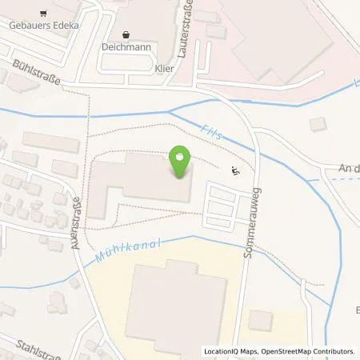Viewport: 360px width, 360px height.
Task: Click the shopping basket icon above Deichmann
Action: [x=128, y=34]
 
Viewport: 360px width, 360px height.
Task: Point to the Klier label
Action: [x=165, y=70]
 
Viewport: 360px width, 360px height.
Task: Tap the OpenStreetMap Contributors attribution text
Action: [x=313, y=351]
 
